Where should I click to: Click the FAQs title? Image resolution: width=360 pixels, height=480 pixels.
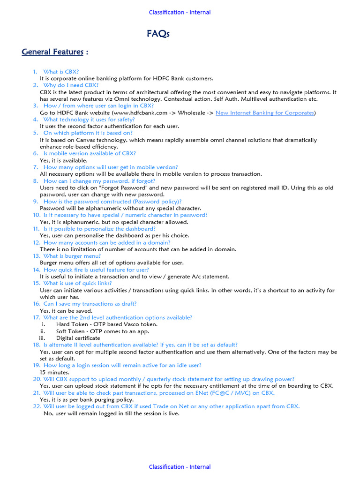coord(158,34)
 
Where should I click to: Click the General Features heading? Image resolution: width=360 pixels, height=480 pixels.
coord(52,52)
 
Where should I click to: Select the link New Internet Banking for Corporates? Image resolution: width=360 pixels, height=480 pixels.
coord(264,112)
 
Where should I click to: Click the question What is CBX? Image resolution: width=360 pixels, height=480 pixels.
coord(61,72)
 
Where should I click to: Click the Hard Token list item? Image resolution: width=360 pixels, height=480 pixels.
coord(106,324)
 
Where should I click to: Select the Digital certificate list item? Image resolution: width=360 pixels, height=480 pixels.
coord(78,338)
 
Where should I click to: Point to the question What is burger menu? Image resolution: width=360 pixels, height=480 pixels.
coord(72,256)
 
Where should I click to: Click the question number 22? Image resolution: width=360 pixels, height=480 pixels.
coord(37,406)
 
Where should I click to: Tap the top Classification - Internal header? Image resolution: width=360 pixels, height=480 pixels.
coord(180,12)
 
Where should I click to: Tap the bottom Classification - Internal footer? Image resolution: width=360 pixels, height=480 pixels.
coord(180,467)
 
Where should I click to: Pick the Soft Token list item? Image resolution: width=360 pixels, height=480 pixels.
coord(103,331)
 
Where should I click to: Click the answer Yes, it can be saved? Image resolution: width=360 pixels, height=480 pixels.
coord(66,311)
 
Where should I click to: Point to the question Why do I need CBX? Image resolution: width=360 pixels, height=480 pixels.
coord(71,85)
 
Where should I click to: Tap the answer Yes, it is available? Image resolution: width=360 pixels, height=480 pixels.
coord(63,160)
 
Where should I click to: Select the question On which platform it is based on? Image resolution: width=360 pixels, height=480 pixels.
coord(88,133)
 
